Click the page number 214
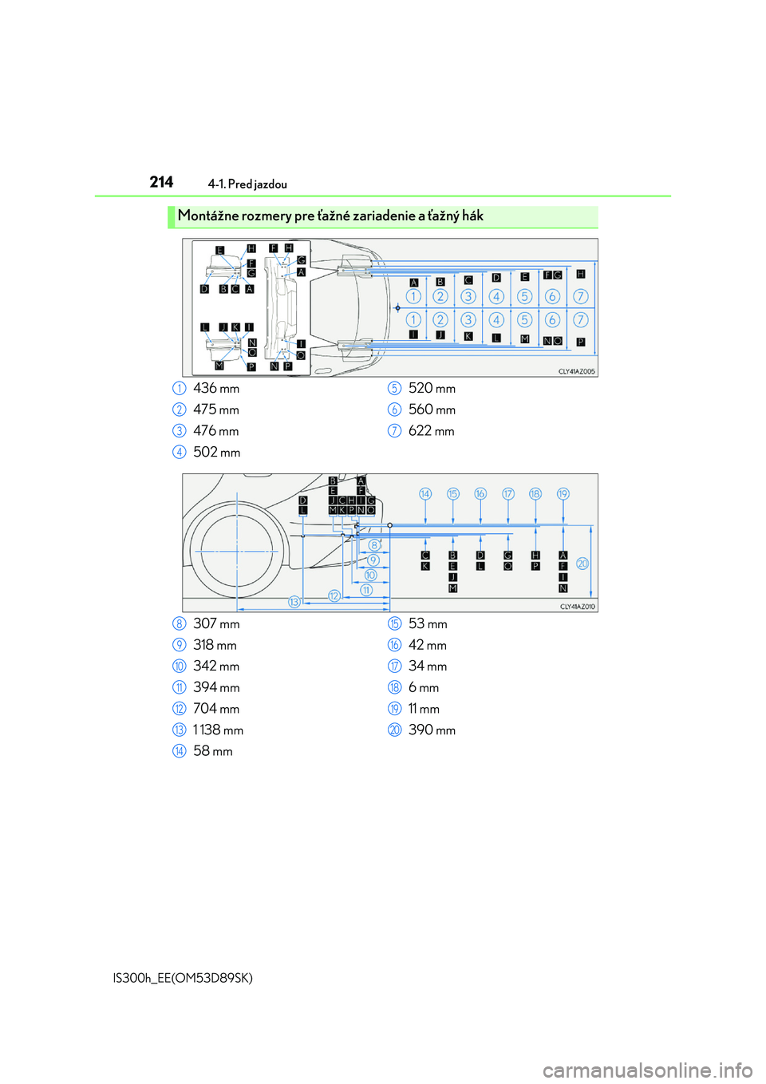pos(161,183)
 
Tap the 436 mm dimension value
pos(216,388)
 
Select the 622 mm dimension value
pos(432,431)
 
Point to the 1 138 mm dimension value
pos(218,730)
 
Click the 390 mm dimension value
pos(432,730)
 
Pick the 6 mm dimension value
pos(424,687)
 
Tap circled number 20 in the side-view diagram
pos(582,564)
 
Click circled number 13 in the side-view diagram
pos(294,602)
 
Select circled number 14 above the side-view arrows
pos(425,493)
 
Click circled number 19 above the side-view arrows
pos(563,493)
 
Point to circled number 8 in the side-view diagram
pos(373,545)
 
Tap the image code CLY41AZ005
pos(576,372)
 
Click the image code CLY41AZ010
pos(578,607)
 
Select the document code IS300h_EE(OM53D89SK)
pos(182,979)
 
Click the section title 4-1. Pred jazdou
pos(247,184)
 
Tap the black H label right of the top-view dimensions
pos(581,274)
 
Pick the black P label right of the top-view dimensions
pos(581,342)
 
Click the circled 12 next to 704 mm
pos(179,709)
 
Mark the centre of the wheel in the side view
pos(237,552)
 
